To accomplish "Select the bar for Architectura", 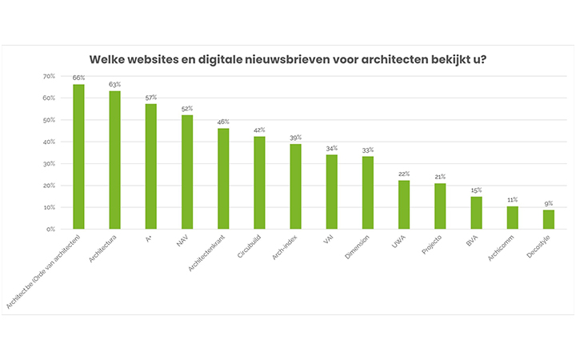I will pyautogui.click(x=114, y=160).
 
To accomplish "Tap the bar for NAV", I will pyautogui.click(x=187, y=172).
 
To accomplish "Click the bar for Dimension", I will pyautogui.click(x=368, y=192).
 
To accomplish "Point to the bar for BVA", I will pyautogui.click(x=476, y=213).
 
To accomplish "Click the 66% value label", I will pyautogui.click(x=78, y=78).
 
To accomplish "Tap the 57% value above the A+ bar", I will pyautogui.click(x=151, y=98).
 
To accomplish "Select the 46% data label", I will pyautogui.click(x=223, y=122).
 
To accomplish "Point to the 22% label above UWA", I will pyautogui.click(x=404, y=174).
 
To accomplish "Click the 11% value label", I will pyautogui.click(x=512, y=198).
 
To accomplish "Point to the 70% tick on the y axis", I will pyautogui.click(x=50, y=76).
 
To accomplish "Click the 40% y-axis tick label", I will pyautogui.click(x=50, y=142).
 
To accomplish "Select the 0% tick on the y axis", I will pyautogui.click(x=51, y=229).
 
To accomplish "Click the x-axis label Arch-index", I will pyautogui.click(x=282, y=248).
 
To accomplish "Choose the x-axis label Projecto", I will pyautogui.click(x=430, y=245).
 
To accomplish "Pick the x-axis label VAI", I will pyautogui.click(x=328, y=238).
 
